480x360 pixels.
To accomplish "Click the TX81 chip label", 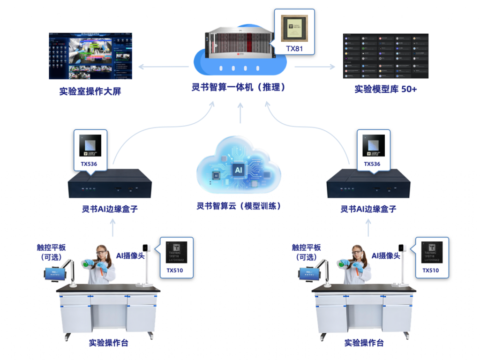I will pos(294,48).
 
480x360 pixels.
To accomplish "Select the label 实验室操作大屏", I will pos(90,91).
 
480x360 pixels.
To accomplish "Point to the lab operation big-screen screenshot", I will pos(90,56).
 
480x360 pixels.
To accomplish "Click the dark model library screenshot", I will pos(385,56).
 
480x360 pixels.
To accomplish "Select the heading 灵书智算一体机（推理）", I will pos(240,87).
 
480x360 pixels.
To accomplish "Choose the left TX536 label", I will pos(90,164).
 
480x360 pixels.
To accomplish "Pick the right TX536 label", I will pos(373,164).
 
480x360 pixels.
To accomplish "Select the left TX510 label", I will pos(174,270).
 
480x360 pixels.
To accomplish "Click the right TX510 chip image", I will pos(432,253).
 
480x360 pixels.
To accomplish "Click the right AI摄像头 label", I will pos(386,255).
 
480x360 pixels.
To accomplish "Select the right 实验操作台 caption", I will pos(364,343).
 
